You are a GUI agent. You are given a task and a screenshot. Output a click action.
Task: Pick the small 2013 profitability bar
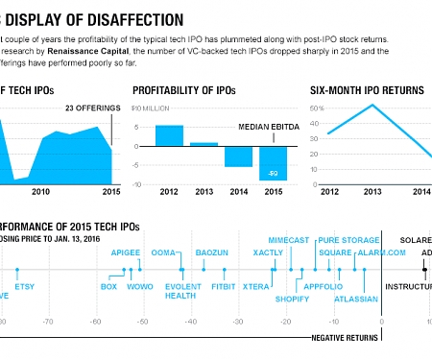(x=204, y=144)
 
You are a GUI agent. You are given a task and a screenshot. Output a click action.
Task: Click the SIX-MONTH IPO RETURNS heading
(x=367, y=89)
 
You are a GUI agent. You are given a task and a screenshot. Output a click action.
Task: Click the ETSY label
(x=24, y=286)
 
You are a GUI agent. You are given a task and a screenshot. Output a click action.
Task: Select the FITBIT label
(x=224, y=286)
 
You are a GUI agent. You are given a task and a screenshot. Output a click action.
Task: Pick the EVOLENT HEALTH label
(x=180, y=291)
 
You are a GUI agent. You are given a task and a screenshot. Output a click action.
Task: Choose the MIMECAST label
(x=289, y=239)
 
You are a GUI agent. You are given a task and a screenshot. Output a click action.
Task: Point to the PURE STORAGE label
(x=348, y=239)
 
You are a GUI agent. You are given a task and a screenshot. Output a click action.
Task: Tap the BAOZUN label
(x=210, y=252)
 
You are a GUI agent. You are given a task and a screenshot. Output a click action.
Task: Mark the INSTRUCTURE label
(x=409, y=286)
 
